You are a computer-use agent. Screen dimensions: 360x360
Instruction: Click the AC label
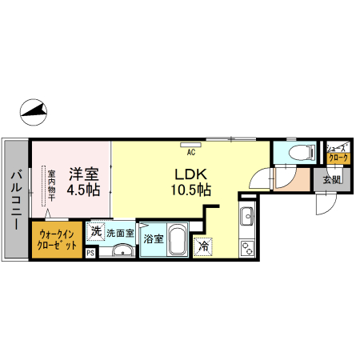pos(191,150)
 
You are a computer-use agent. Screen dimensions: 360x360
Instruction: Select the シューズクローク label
pos(334,153)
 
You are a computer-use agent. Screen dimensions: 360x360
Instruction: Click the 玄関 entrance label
pos(331,179)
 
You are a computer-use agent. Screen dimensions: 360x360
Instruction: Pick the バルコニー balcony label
pos(16,199)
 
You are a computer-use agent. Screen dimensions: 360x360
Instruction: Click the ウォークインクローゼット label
pos(56,240)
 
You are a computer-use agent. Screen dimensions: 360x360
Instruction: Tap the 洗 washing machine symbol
pos(96,232)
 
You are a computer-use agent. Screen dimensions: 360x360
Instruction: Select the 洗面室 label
pos(121,234)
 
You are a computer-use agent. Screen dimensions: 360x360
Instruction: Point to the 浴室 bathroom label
pos(154,238)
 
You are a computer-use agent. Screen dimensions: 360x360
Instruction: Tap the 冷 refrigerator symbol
pos(205,247)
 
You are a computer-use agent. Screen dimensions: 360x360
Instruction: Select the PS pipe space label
pos(90,253)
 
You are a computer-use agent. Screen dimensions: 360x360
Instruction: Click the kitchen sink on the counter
pos(246,215)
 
